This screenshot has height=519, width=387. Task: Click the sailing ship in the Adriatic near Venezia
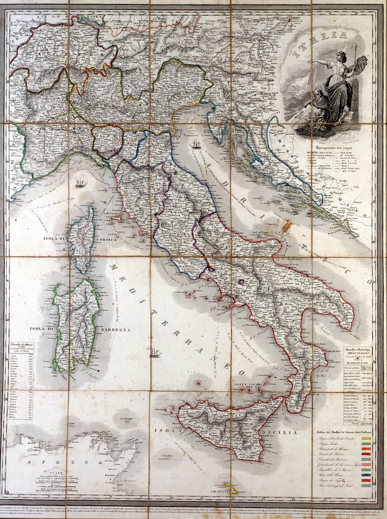click(x=196, y=145)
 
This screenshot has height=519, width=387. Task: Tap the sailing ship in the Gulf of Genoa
click(x=80, y=183)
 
